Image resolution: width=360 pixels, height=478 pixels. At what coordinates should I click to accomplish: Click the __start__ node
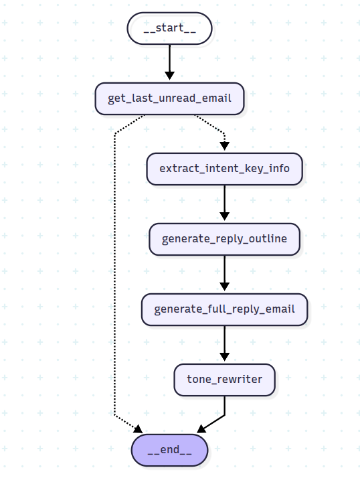click(x=169, y=28)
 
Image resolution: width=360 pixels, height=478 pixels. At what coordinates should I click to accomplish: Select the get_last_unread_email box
click(x=169, y=98)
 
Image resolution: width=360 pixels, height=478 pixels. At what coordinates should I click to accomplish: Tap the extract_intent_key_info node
click(x=224, y=168)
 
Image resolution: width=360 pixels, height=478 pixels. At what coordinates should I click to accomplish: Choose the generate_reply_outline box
click(x=224, y=239)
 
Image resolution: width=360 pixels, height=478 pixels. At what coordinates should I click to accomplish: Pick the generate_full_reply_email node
click(x=224, y=309)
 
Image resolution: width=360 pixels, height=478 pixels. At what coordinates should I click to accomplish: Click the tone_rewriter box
click(x=224, y=380)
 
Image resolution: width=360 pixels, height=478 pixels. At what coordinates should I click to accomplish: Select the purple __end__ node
click(x=169, y=450)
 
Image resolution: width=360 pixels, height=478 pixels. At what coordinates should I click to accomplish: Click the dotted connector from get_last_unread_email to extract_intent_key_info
click(x=213, y=127)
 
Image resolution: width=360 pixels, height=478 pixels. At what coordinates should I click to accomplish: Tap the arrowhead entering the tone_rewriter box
click(x=224, y=358)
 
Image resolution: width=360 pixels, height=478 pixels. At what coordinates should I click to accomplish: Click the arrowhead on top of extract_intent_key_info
click(x=224, y=147)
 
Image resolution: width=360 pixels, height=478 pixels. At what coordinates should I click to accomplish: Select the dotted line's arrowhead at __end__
click(x=138, y=428)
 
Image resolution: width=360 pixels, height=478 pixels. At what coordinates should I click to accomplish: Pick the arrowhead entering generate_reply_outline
click(x=224, y=217)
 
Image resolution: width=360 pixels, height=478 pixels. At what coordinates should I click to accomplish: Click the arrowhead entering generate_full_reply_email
click(x=224, y=288)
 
